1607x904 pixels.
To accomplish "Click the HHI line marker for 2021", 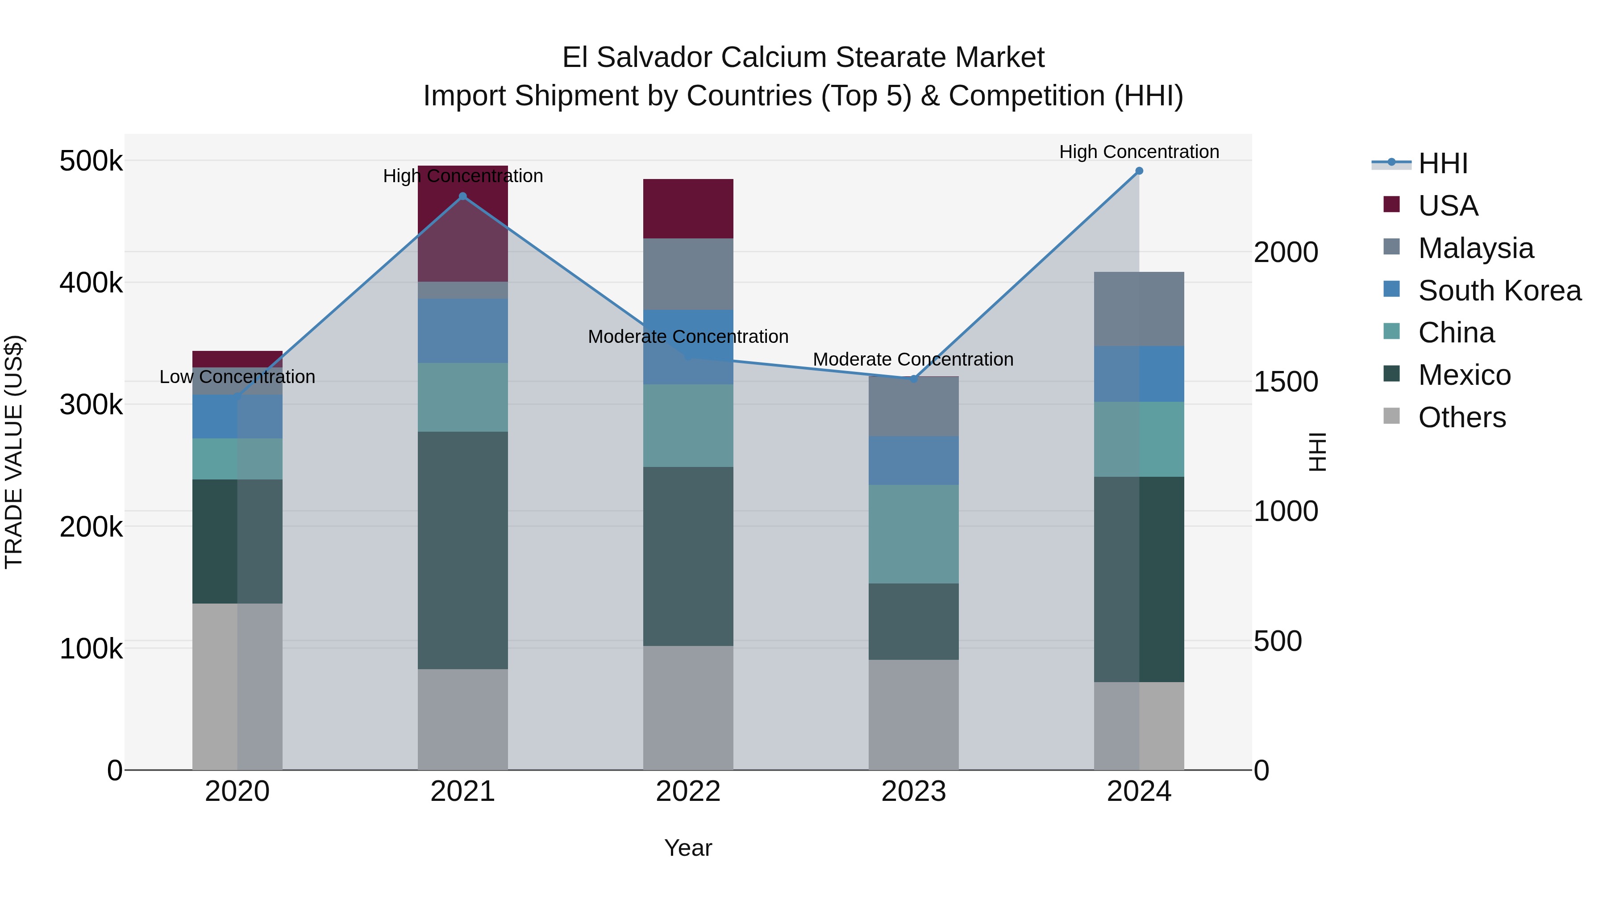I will click(463, 196).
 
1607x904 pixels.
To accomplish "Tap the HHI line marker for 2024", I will click(1139, 171).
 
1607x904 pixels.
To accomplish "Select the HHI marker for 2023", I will click(914, 379).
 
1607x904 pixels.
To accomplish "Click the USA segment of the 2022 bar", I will click(688, 208).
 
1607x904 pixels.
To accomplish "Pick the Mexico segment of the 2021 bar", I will click(463, 550).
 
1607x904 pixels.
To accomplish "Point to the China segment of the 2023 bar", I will click(914, 534).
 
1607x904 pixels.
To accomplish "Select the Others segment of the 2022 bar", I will click(688, 708).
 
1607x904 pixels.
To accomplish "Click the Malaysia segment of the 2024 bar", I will click(1139, 309).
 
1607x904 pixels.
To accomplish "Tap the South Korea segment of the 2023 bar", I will click(914, 460).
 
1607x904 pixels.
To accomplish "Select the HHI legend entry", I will click(1442, 163).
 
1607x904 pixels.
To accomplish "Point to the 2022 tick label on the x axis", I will click(688, 792).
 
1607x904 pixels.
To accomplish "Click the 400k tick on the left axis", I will click(91, 283).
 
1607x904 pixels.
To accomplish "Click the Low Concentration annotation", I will click(237, 377).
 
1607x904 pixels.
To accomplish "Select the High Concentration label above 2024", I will click(1139, 152).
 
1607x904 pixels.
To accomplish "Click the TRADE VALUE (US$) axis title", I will click(14, 452).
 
